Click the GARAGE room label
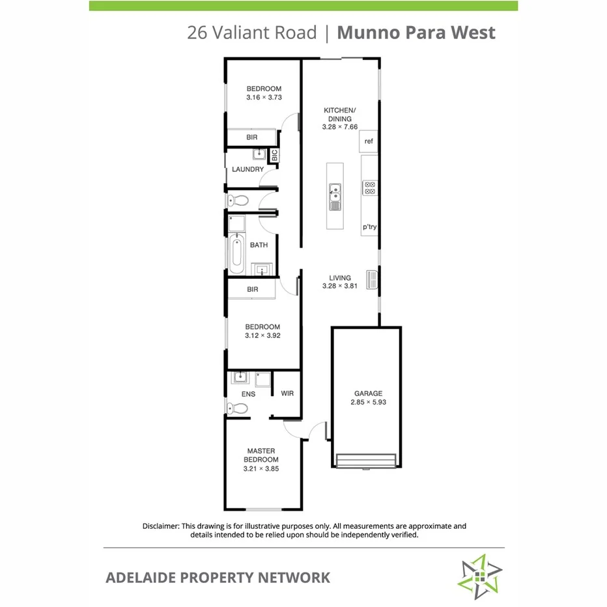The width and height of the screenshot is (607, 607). pos(368,393)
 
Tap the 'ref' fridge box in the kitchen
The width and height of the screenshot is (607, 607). pos(369,141)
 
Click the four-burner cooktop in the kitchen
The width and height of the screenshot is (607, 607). pos(370,188)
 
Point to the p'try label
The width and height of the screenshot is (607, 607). pos(370,227)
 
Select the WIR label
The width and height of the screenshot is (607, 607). pos(287,394)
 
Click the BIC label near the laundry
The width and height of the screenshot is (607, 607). pos(274,156)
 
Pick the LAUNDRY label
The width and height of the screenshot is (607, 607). pos(247,169)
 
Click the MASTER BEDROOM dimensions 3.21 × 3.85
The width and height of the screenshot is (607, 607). pos(261,468)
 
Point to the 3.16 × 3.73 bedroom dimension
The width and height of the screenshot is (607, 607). pos(263,98)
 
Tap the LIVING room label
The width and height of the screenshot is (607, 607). pos(340,278)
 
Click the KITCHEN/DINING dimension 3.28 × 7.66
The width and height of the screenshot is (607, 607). pos(340,127)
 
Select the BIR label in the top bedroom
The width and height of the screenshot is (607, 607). pos(252,138)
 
